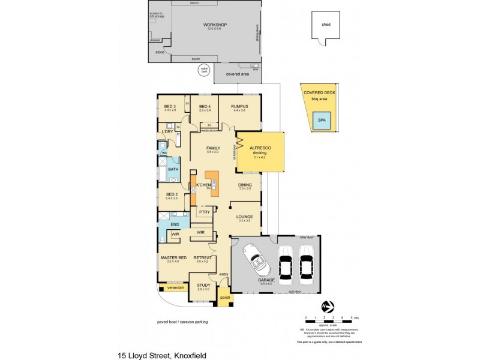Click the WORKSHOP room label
[206, 25]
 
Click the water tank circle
[204, 70]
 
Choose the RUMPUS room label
[240, 107]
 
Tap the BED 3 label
[170, 107]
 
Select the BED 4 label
[205, 107]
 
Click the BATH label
[173, 169]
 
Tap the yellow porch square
[225, 296]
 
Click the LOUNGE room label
[245, 217]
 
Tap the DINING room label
[245, 185]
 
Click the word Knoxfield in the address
[190, 355]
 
